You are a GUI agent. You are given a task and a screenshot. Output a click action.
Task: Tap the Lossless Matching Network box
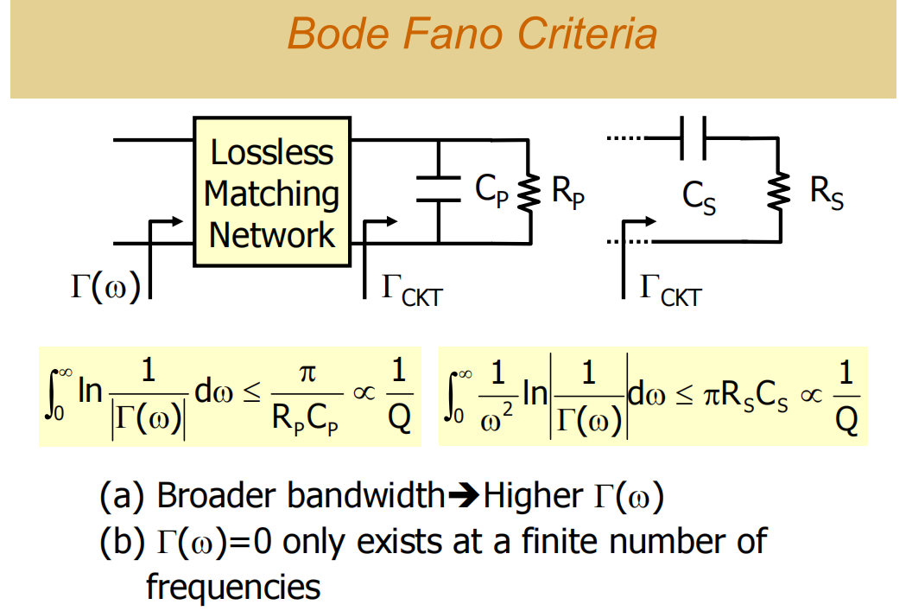[x=272, y=194]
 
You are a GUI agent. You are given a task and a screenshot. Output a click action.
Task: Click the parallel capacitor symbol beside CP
[x=439, y=188]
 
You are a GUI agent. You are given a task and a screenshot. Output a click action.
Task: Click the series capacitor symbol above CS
[x=693, y=137]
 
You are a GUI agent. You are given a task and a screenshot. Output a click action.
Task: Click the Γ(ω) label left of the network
[x=104, y=286]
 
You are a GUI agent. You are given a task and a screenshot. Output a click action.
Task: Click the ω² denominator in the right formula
[x=499, y=419]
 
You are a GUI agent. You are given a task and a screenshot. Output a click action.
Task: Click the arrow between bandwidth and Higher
[x=465, y=496]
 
